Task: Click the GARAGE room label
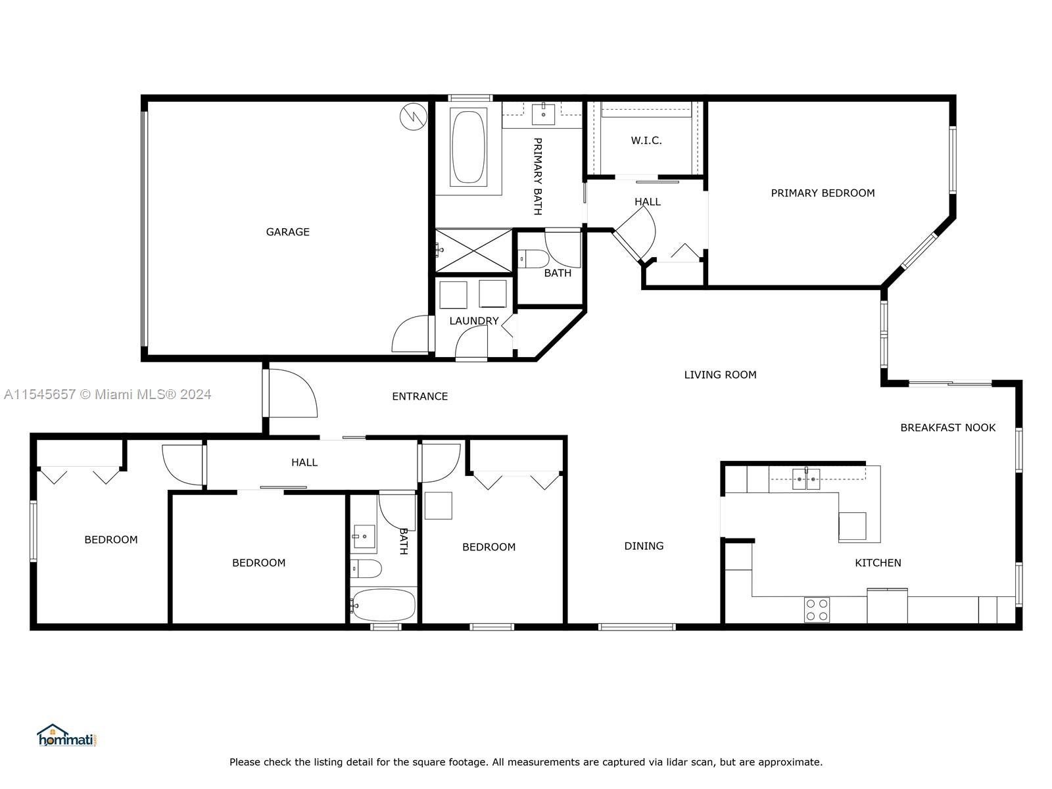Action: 287,232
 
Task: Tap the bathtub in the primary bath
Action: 468,147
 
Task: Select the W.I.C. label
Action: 646,141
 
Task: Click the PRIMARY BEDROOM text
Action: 823,193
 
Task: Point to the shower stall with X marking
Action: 473,251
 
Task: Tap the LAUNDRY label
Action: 473,321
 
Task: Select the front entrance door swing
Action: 291,394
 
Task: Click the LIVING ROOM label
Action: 720,375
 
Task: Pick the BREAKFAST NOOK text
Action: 947,428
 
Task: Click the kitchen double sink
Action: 805,479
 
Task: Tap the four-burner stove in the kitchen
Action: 817,610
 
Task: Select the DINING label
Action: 644,546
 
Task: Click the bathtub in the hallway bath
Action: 383,605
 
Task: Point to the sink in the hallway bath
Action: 364,537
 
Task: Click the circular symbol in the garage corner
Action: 414,117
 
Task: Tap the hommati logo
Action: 66,736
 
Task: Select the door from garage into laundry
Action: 411,335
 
